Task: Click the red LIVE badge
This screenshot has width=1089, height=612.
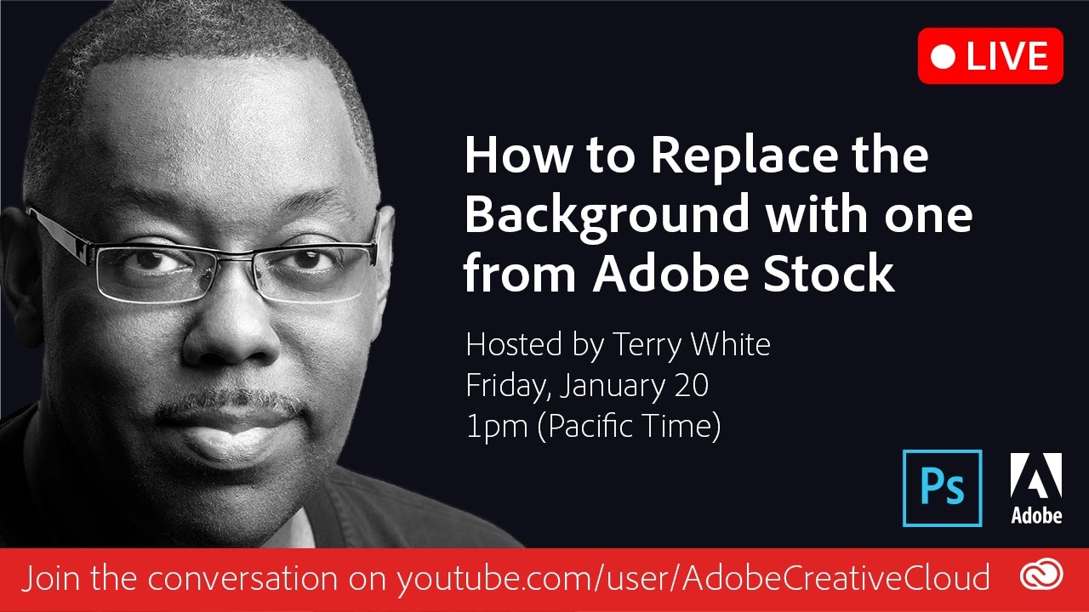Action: (990, 56)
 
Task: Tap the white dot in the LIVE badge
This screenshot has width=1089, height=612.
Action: (943, 56)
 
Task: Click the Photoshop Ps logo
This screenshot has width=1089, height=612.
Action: (942, 488)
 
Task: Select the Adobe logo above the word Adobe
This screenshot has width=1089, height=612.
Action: (1036, 475)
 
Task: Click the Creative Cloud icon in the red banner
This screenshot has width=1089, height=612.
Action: (1041, 576)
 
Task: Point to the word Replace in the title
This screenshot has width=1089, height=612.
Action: (744, 156)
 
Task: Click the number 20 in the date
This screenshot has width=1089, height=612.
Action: (691, 386)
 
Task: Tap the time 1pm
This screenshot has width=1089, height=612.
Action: (497, 428)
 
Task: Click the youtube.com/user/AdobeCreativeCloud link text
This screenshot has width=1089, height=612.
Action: (693, 579)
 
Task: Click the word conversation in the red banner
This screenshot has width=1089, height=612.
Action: (242, 579)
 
